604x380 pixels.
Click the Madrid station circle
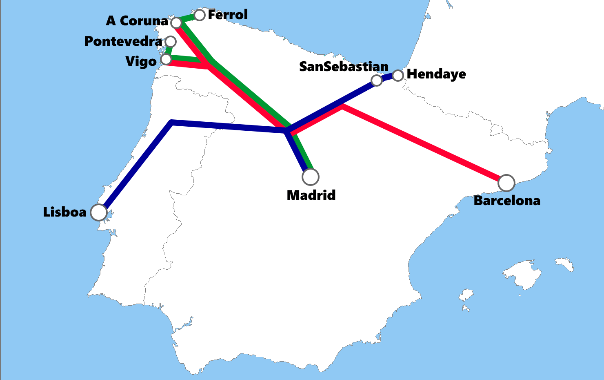click(x=311, y=177)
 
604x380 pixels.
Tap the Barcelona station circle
click(x=506, y=183)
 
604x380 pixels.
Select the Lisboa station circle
click(x=99, y=212)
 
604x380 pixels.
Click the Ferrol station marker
click(x=200, y=15)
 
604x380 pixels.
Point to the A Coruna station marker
click(x=176, y=22)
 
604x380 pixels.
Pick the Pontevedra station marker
click(x=171, y=41)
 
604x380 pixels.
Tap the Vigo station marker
click(x=166, y=59)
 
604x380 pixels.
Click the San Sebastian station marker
click(x=377, y=80)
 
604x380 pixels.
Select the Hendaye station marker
click(x=398, y=75)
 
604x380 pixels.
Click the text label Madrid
click(x=311, y=195)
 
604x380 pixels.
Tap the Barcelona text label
click(x=507, y=201)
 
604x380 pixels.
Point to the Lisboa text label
click(x=65, y=212)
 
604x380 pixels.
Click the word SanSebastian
click(x=344, y=67)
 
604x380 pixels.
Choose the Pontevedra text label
click(x=123, y=41)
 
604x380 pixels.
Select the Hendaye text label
click(x=436, y=74)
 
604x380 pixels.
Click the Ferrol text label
click(x=228, y=15)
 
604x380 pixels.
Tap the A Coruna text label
click(x=137, y=21)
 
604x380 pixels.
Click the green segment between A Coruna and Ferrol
click(x=188, y=18)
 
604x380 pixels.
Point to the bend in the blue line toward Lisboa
click(x=172, y=122)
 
